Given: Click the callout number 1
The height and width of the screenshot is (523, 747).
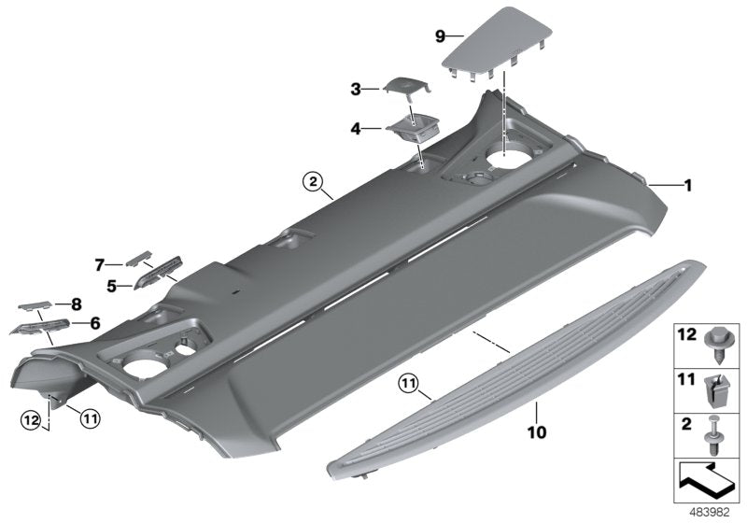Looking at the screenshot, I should [x=687, y=186].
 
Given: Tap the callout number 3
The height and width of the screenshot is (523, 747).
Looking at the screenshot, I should [x=356, y=90].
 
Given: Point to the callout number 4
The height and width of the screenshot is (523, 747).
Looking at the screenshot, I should [x=356, y=128].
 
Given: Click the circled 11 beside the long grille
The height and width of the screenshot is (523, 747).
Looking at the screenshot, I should [x=407, y=381].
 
